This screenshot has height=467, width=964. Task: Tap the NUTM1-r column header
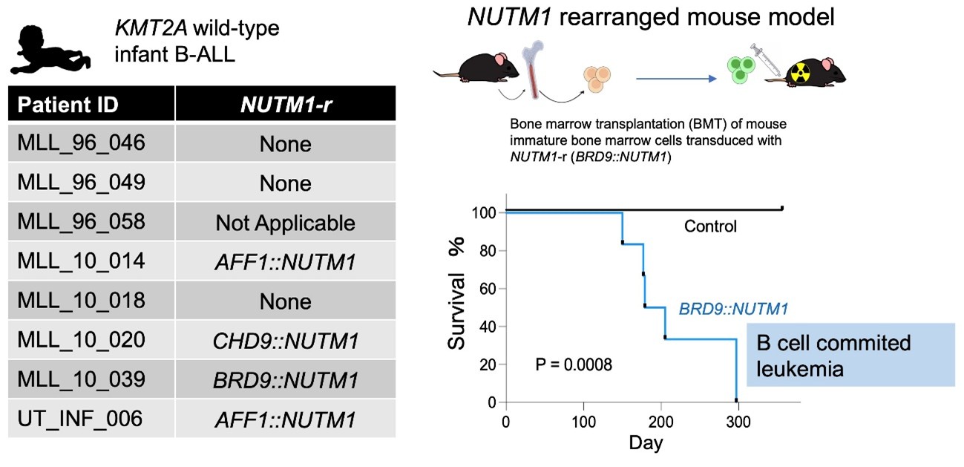pyautogui.click(x=286, y=105)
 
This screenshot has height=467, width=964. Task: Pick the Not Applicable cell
pyautogui.click(x=286, y=223)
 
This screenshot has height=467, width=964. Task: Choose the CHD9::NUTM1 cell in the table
pyautogui.click(x=286, y=341)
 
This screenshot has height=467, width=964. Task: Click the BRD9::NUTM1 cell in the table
pyautogui.click(x=286, y=380)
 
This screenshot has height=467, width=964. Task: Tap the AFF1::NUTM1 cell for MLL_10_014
pyautogui.click(x=286, y=262)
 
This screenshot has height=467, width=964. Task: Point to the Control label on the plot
pyautogui.click(x=710, y=226)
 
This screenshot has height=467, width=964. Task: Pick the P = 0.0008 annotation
pyautogui.click(x=574, y=365)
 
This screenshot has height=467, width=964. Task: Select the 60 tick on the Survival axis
pyautogui.click(x=488, y=289)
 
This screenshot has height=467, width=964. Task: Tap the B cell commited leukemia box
pyautogui.click(x=850, y=355)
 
